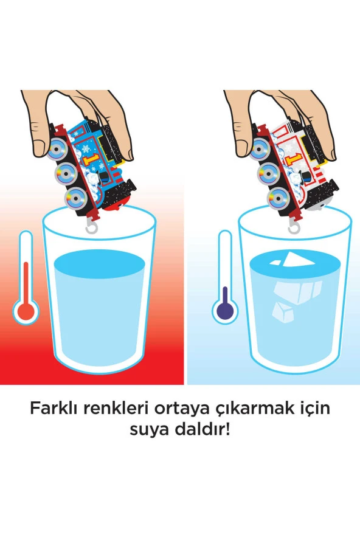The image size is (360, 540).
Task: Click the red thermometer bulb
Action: pos(26,311)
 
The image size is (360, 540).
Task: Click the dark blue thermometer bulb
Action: pos(225,311)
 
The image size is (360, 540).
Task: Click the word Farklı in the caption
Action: pos(55,409)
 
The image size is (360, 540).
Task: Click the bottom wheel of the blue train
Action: pos(75,198)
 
